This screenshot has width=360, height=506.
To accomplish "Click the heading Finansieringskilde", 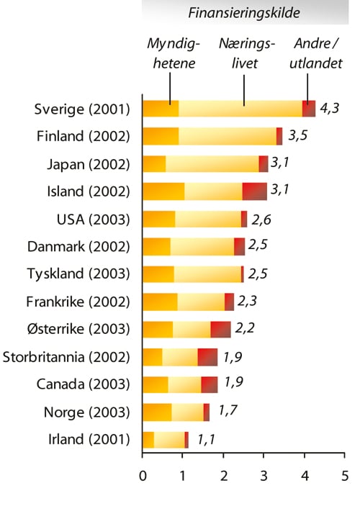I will click(x=244, y=13).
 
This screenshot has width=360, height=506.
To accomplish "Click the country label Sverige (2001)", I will click(x=82, y=109).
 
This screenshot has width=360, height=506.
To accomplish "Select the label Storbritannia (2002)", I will click(x=67, y=357).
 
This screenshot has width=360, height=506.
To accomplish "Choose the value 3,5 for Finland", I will click(x=298, y=136).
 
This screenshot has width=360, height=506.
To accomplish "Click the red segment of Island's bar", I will click(x=254, y=191).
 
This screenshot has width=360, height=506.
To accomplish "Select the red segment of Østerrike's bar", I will click(x=220, y=330).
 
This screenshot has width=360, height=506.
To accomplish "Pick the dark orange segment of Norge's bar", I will click(x=157, y=412).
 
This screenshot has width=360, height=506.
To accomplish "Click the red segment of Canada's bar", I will click(x=209, y=384).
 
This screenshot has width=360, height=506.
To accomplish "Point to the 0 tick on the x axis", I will click(x=143, y=476).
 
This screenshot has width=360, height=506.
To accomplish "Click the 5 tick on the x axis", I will click(x=345, y=476).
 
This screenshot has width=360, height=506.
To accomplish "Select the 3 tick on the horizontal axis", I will click(x=264, y=476).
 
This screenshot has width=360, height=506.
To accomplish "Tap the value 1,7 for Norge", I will click(x=228, y=412).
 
